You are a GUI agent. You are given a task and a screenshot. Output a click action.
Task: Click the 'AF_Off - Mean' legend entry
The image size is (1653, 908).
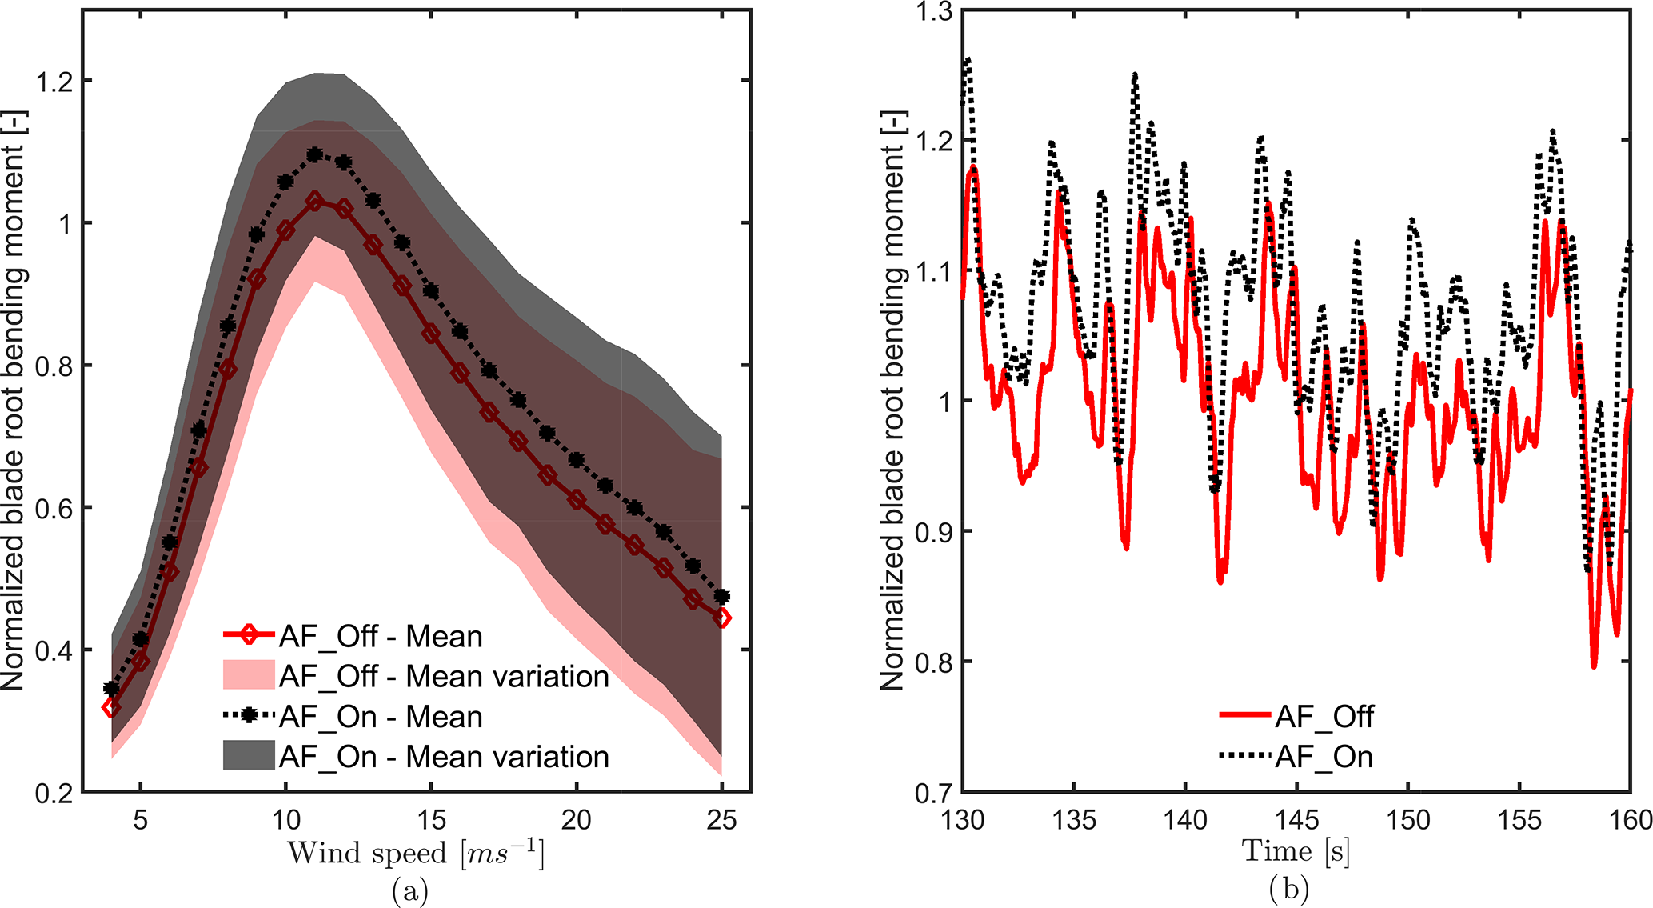(381, 637)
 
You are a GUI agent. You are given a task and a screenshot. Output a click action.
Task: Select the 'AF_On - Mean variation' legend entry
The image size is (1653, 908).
(444, 757)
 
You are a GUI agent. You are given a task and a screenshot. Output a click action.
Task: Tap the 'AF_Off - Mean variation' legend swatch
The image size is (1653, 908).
(249, 676)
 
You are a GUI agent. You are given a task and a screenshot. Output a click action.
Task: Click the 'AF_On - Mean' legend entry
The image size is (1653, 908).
(381, 717)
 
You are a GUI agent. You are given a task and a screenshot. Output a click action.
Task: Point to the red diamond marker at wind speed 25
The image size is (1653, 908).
(722, 618)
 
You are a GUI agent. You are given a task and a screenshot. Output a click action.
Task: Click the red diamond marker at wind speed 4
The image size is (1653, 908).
(111, 707)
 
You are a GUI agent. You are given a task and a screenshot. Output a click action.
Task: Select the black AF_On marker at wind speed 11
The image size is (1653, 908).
(314, 154)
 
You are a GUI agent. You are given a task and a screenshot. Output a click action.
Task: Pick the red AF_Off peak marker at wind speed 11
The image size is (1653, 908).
(314, 201)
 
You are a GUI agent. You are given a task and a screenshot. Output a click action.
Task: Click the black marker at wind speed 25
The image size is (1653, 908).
(722, 597)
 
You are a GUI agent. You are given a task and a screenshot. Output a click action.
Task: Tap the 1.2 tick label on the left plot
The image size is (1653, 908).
(54, 81)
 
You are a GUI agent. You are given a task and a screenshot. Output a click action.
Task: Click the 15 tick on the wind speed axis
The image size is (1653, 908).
(431, 820)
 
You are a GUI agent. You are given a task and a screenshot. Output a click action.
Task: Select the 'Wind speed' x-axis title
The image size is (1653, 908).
(416, 854)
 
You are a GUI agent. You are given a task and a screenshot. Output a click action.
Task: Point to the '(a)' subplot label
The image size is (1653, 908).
(410, 890)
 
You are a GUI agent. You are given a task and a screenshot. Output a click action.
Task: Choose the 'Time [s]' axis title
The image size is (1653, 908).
(1296, 851)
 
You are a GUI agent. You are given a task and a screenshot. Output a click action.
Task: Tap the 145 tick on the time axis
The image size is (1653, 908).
(1296, 820)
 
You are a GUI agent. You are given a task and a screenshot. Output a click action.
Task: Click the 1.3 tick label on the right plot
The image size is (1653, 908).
(934, 11)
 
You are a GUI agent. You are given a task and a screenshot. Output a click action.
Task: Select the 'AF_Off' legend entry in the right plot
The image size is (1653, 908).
(1324, 717)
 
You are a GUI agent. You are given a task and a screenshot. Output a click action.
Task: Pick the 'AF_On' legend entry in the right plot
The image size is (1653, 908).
(1324, 757)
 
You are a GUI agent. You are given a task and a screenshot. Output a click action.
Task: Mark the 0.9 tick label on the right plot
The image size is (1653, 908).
(934, 531)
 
